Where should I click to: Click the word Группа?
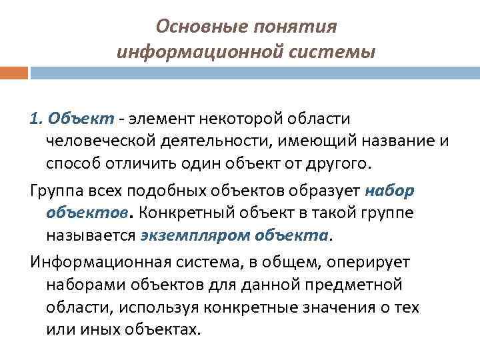57,191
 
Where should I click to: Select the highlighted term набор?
390,191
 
